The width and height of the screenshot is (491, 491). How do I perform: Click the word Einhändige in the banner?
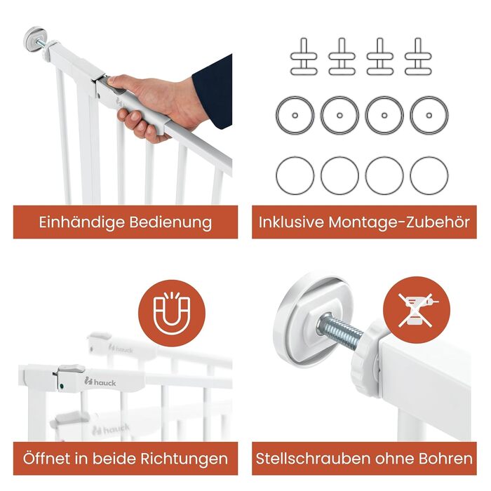tap(81, 222)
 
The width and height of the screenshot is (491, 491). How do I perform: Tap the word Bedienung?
tap(170, 222)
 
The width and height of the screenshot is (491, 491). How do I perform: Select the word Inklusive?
tap(291, 222)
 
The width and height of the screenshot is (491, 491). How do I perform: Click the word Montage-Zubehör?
tap(399, 222)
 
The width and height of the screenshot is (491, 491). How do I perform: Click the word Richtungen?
tap(184, 459)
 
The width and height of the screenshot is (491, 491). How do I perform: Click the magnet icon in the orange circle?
tap(172, 313)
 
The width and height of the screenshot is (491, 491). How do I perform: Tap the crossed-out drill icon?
tap(417, 310)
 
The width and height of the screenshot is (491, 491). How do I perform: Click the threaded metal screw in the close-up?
tap(340, 331)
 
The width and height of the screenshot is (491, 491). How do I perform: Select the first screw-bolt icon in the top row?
tap(304, 57)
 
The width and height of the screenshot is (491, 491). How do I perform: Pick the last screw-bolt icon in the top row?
tap(418, 57)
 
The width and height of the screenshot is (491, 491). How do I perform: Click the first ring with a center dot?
tap(295, 115)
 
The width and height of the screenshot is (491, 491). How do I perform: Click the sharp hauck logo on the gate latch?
tap(100, 382)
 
